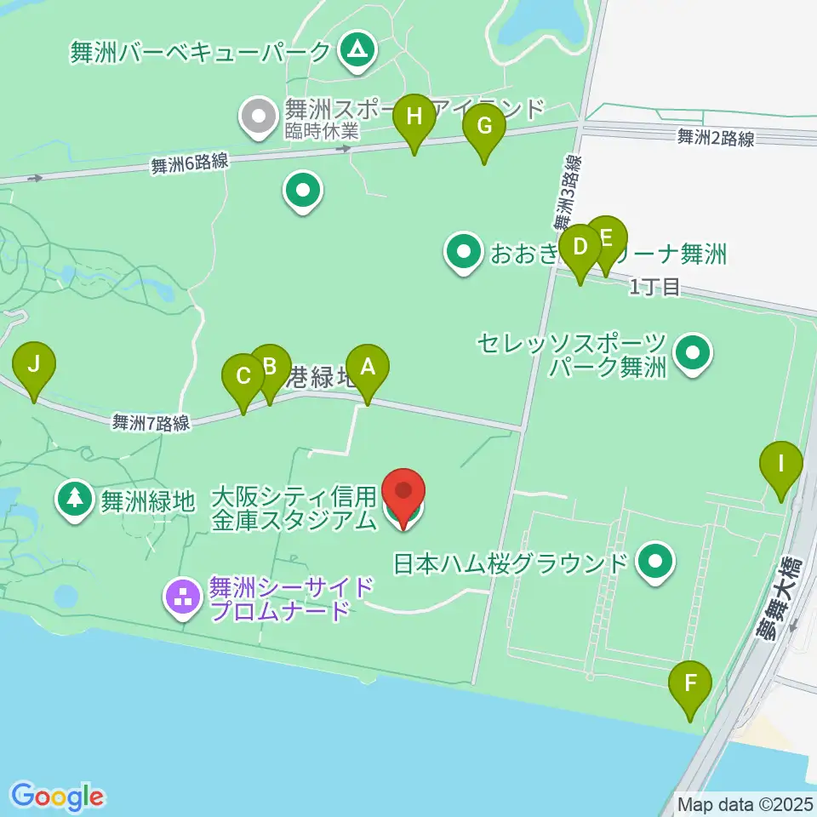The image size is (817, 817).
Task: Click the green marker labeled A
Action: [x=368, y=368]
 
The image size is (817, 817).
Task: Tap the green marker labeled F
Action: [x=690, y=683]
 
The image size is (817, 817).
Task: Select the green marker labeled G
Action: [x=483, y=128]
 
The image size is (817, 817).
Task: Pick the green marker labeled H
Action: [x=414, y=117]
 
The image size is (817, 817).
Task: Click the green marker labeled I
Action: [x=781, y=465]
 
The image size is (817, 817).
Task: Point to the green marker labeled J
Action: [x=34, y=365]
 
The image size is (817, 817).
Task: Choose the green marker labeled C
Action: [x=243, y=376]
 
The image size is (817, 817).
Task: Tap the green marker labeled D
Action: [x=580, y=248]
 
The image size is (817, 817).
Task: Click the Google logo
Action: [x=57, y=796]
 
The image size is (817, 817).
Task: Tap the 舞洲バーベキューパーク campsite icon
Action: [x=352, y=50]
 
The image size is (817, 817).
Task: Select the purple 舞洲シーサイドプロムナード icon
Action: [x=183, y=598]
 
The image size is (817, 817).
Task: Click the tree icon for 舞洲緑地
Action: [x=76, y=498]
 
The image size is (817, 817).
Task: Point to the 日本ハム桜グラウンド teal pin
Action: [x=655, y=561]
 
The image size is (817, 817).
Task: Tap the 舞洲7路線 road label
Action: [x=151, y=421]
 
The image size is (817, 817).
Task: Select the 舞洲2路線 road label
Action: [x=716, y=138]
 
